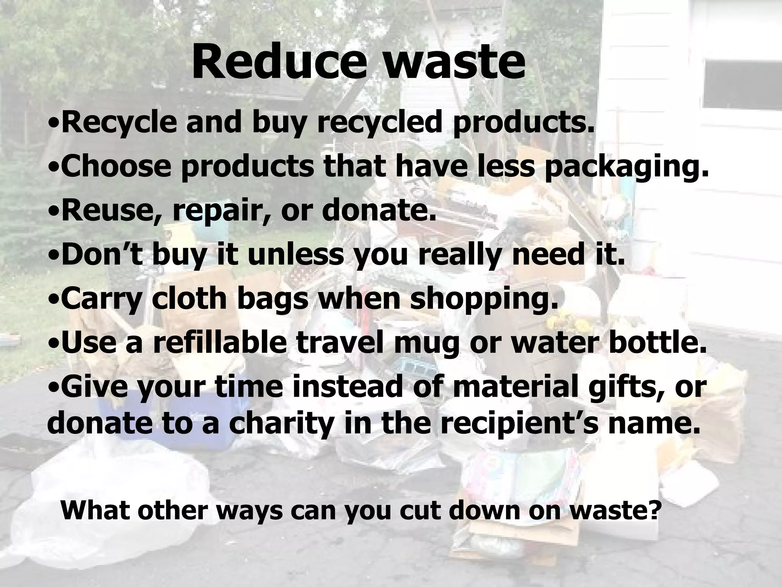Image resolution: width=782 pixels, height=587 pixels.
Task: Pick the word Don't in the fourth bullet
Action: point(102,255)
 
